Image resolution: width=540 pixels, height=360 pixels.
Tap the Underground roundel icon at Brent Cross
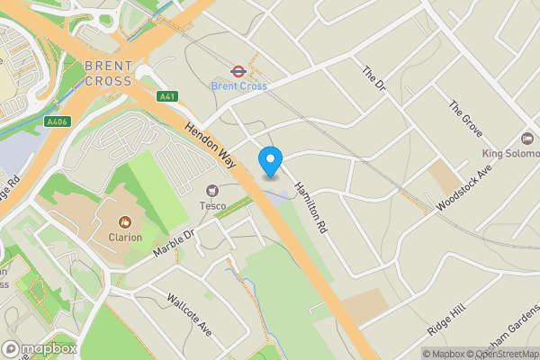click(x=238, y=69)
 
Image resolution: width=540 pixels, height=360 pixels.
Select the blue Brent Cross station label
click(x=238, y=85)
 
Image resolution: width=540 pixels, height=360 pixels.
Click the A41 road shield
click(x=166, y=96)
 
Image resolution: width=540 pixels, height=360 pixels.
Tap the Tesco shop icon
click(x=212, y=191)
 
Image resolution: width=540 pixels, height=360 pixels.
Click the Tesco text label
click(x=212, y=206)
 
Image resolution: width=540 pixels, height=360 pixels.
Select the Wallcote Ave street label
click(x=190, y=312)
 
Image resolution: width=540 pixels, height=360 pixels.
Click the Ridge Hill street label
click(x=447, y=319)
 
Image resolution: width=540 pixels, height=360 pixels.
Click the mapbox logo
click(x=39, y=348)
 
